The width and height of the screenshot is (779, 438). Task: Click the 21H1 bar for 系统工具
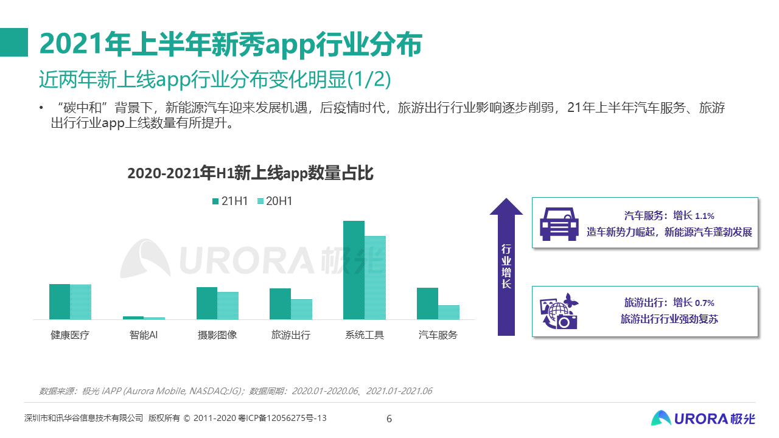click(x=354, y=270)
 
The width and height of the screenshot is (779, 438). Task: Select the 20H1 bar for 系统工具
click(x=375, y=277)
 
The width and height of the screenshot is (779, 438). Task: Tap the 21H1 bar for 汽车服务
click(x=427, y=304)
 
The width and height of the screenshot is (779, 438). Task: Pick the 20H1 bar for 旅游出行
click(x=301, y=309)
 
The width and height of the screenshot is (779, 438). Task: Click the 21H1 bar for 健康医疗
click(x=60, y=302)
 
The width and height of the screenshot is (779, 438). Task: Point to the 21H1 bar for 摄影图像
click(x=207, y=303)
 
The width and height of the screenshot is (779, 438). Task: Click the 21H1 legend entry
click(x=229, y=201)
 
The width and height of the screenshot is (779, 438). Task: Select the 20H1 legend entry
click(x=274, y=201)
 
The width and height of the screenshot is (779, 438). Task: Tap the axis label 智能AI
click(x=144, y=335)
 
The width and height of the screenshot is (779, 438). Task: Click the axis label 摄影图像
click(x=217, y=335)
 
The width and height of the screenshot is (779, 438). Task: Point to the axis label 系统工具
click(x=365, y=335)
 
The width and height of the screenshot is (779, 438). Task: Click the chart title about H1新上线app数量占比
click(x=250, y=174)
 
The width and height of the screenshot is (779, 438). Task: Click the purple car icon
click(x=559, y=223)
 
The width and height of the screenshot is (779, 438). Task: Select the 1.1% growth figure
click(x=704, y=216)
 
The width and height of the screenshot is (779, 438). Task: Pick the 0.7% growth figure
click(x=704, y=303)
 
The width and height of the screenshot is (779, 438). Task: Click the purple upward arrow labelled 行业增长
click(x=506, y=268)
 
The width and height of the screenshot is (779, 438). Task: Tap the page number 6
click(x=389, y=419)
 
